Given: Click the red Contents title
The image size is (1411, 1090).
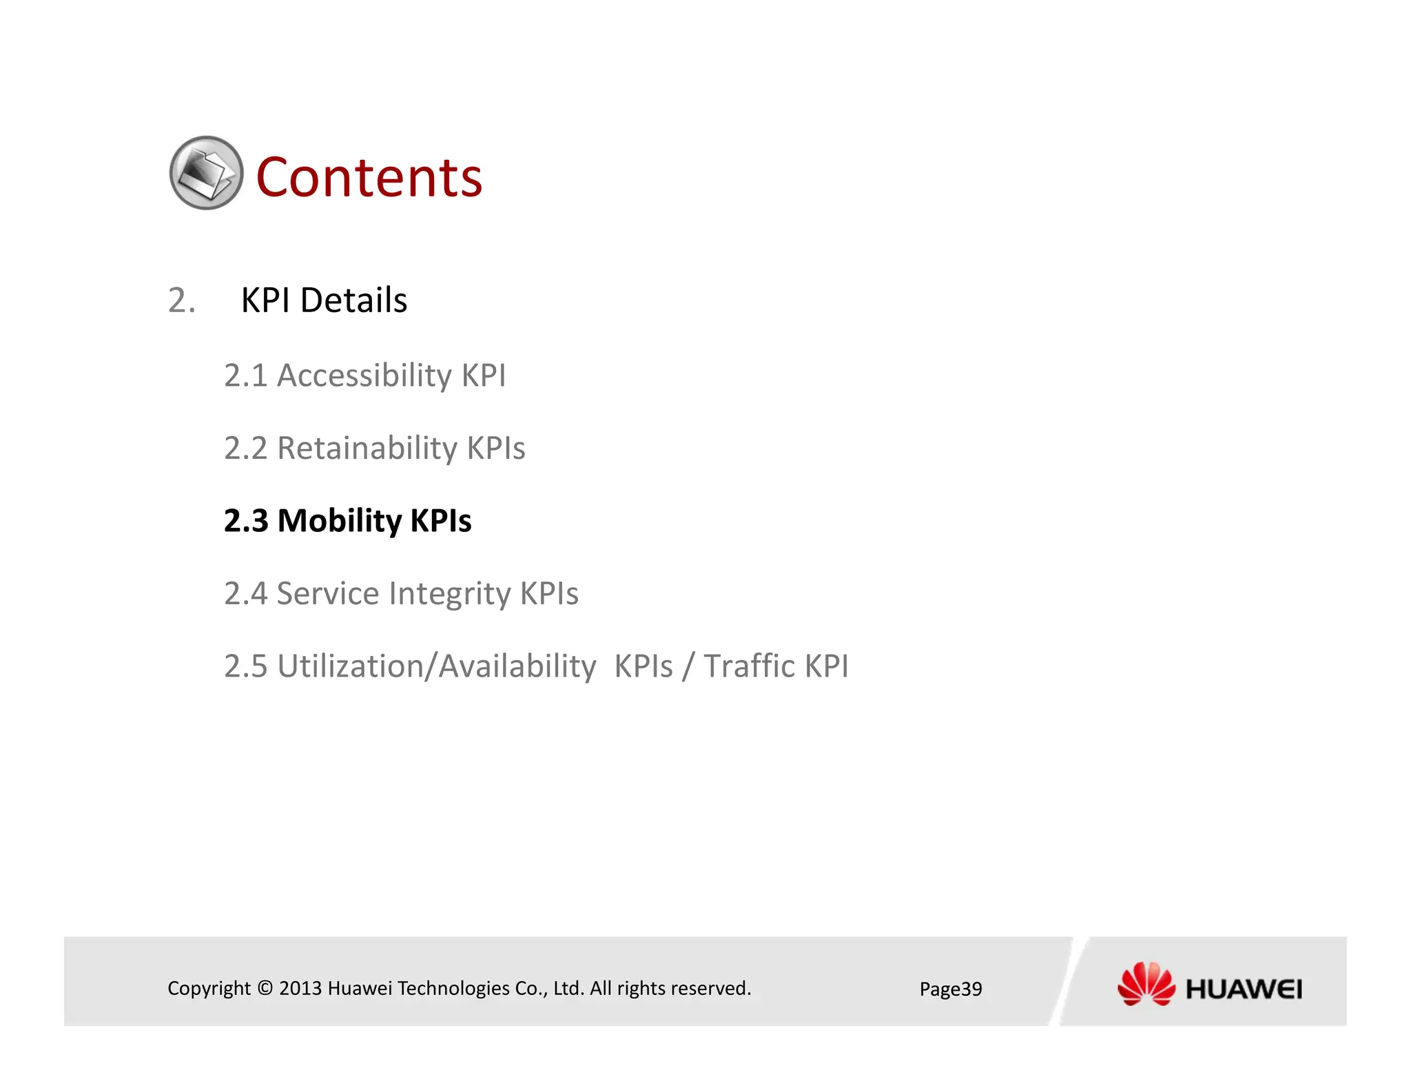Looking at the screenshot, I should pyautogui.click(x=369, y=178).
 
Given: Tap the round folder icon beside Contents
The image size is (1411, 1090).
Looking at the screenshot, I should pyautogui.click(x=206, y=173).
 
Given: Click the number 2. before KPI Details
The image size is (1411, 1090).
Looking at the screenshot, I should pyautogui.click(x=182, y=300).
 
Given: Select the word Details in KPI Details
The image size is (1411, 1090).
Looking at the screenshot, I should pyautogui.click(x=353, y=300).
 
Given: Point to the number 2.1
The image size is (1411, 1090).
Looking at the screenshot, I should pyautogui.click(x=245, y=376).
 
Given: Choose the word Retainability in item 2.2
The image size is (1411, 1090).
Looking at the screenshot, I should pyautogui.click(x=367, y=449).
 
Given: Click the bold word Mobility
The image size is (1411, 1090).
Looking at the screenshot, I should pyautogui.click(x=339, y=522).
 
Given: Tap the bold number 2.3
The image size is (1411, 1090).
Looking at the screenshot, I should pyautogui.click(x=246, y=522).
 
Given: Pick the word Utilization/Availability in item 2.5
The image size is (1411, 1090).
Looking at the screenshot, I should pyautogui.click(x=437, y=667).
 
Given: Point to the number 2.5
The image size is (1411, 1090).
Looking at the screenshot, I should pyautogui.click(x=245, y=667).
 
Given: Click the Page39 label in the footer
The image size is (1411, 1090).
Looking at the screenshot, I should pyautogui.click(x=950, y=989).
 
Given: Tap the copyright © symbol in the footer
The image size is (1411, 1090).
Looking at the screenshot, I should pyautogui.click(x=265, y=988).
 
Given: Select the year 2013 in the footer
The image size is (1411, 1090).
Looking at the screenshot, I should pyautogui.click(x=300, y=988).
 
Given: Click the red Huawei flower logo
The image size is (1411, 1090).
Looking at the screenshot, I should pyautogui.click(x=1146, y=984).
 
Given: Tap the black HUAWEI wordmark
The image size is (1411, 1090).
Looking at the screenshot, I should pyautogui.click(x=1244, y=989).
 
